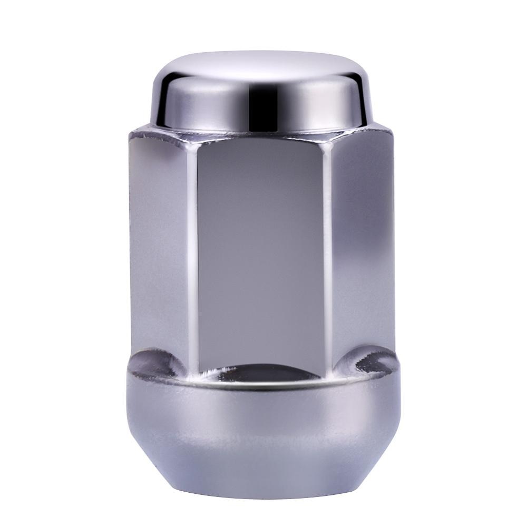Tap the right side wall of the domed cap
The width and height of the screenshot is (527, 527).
point(358,105)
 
